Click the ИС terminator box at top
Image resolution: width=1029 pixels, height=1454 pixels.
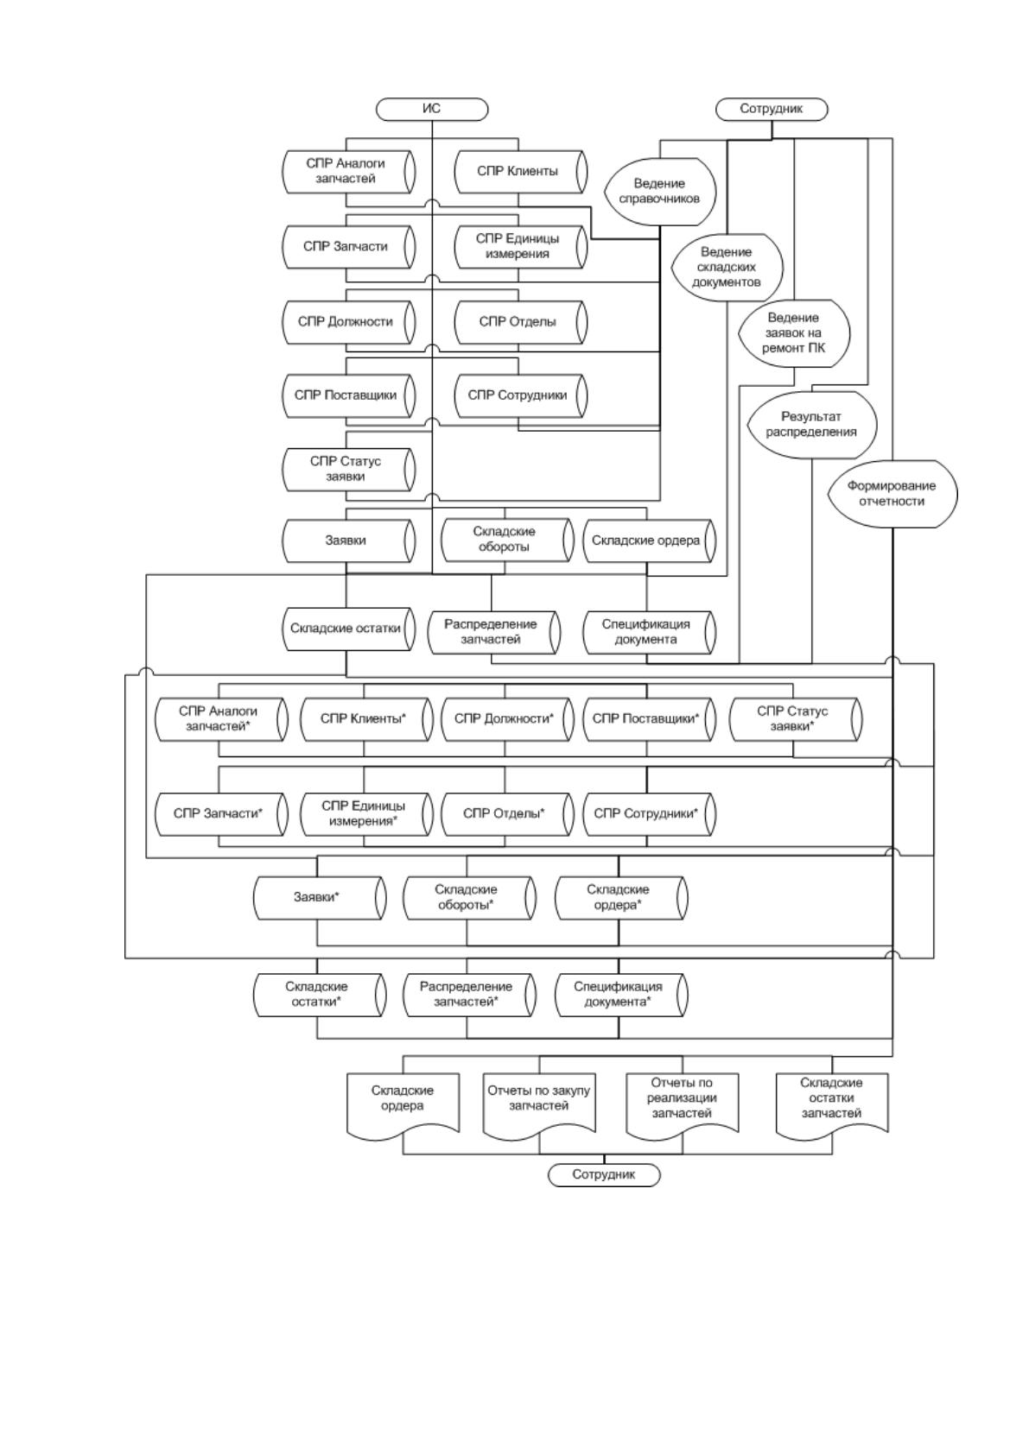(x=432, y=109)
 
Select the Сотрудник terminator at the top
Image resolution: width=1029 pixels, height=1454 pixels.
(x=772, y=109)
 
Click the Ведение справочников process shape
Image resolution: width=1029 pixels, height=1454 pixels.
(x=660, y=192)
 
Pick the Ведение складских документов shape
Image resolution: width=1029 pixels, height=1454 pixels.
(x=727, y=267)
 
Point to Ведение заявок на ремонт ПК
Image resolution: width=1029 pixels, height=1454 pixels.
(x=794, y=333)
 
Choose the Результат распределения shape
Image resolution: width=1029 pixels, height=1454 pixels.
(x=812, y=425)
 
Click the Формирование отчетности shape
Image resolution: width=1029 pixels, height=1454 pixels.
(x=892, y=494)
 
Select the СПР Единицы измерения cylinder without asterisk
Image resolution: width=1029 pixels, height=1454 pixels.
(x=521, y=247)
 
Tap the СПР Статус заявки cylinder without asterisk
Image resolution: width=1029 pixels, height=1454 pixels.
(x=349, y=470)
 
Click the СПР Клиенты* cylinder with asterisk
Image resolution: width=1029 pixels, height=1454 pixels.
(x=366, y=719)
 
